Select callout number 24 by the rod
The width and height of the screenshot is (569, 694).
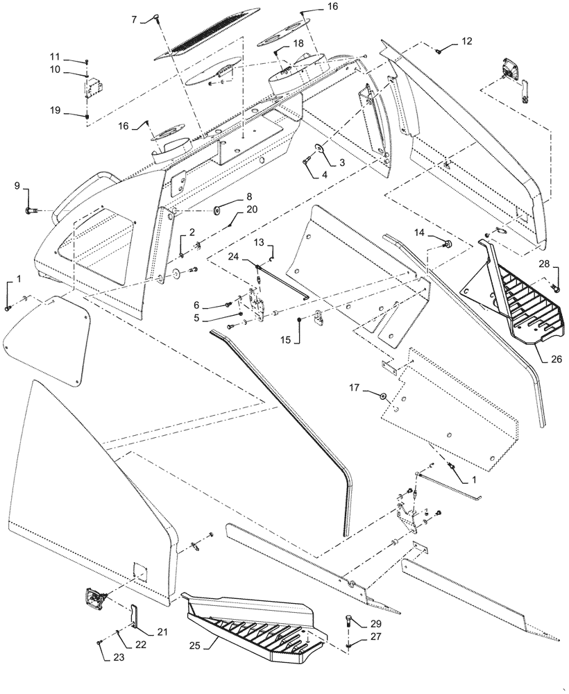point(234,256)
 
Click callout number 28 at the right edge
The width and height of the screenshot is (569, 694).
point(543,263)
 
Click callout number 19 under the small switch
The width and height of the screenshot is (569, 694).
point(55,110)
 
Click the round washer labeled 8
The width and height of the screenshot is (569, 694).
point(218,208)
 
